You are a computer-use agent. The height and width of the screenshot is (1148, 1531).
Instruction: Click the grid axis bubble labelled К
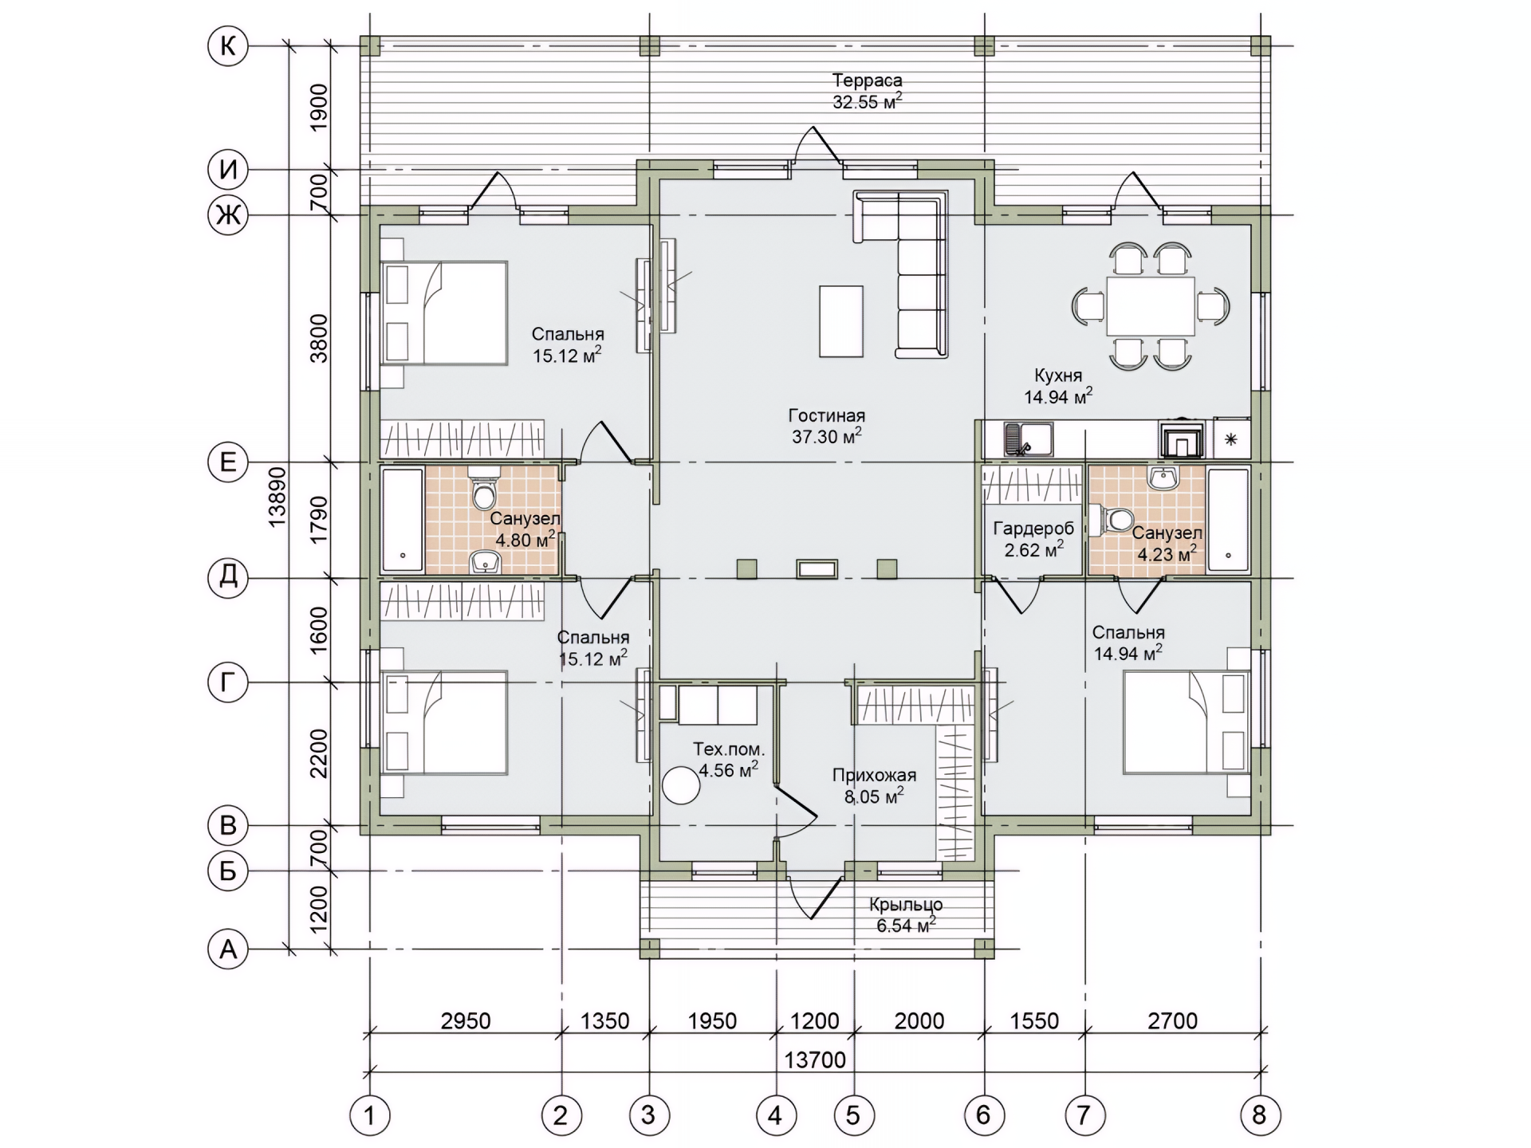(228, 46)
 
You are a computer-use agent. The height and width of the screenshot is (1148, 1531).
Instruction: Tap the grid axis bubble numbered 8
(1260, 1115)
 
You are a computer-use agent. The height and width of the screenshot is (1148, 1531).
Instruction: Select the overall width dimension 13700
(815, 1060)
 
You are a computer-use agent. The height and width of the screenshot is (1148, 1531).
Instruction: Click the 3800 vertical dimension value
(319, 338)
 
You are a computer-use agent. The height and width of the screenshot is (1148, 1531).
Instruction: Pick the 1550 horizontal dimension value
(1034, 1021)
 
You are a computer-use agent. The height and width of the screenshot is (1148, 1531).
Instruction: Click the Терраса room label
(868, 81)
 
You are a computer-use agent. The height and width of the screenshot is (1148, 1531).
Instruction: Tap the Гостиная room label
(827, 415)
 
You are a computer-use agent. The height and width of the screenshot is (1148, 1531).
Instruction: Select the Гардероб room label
(1033, 529)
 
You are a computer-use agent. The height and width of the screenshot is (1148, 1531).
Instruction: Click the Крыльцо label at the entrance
(906, 905)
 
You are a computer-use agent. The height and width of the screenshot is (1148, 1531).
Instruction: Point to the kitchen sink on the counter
(1029, 439)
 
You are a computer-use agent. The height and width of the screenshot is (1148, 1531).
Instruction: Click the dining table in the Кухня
(1151, 305)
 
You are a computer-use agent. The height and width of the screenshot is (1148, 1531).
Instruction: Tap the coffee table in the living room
(841, 321)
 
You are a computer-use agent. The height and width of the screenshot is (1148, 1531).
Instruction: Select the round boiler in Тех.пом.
(681, 785)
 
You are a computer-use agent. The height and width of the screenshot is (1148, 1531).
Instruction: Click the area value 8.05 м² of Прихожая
(874, 796)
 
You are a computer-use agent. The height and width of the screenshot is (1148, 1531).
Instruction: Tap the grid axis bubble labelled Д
(228, 576)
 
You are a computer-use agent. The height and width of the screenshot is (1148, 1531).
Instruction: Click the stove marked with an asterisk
(1231, 438)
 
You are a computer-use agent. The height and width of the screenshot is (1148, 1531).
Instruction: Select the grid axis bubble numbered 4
(776, 1115)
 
